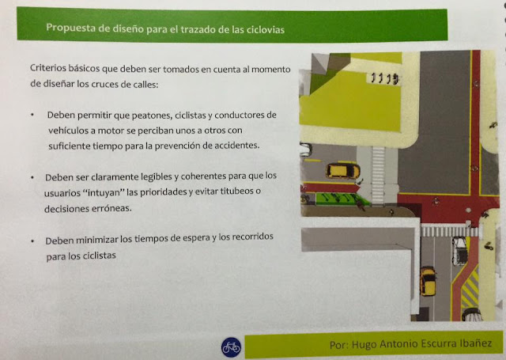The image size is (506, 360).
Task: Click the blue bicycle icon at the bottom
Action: tap(231, 347)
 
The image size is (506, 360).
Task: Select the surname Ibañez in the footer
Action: tap(476, 343)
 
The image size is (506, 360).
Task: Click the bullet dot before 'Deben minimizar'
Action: tap(32, 241)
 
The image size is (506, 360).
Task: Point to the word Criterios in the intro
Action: tap(48, 68)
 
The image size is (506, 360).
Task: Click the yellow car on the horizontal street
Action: tap(342, 171)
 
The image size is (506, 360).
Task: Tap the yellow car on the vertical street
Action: tap(428, 281)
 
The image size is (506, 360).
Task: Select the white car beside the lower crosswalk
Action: tap(459, 251)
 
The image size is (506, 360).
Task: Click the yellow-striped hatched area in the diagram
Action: tap(470, 288)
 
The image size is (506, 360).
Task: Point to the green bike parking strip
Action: tap(342, 199)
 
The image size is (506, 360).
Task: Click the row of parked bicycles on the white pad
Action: tap(384, 78)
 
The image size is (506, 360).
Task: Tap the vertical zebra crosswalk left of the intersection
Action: tap(378, 175)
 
